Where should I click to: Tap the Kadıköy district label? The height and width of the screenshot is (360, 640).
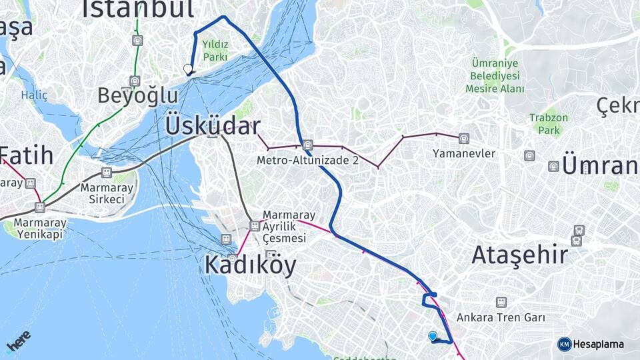(250, 265)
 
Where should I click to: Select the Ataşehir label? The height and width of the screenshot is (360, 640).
(519, 255)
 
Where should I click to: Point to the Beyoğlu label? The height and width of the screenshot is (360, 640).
(138, 95)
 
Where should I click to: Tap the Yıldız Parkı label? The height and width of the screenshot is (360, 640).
(215, 51)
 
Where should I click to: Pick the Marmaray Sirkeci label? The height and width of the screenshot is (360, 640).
(107, 193)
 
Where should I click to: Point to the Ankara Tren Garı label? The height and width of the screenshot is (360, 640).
(501, 317)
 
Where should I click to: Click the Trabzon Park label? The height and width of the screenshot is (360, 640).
(549, 124)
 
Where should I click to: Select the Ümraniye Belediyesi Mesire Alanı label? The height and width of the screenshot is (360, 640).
(495, 75)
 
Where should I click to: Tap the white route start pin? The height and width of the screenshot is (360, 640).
(188, 69)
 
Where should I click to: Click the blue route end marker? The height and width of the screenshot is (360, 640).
(433, 337)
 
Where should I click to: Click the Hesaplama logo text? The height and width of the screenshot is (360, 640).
(598, 344)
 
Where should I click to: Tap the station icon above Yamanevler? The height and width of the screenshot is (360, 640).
(463, 139)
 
